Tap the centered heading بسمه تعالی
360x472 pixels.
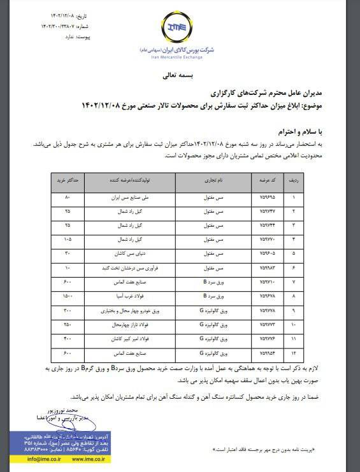tap(180, 75)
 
